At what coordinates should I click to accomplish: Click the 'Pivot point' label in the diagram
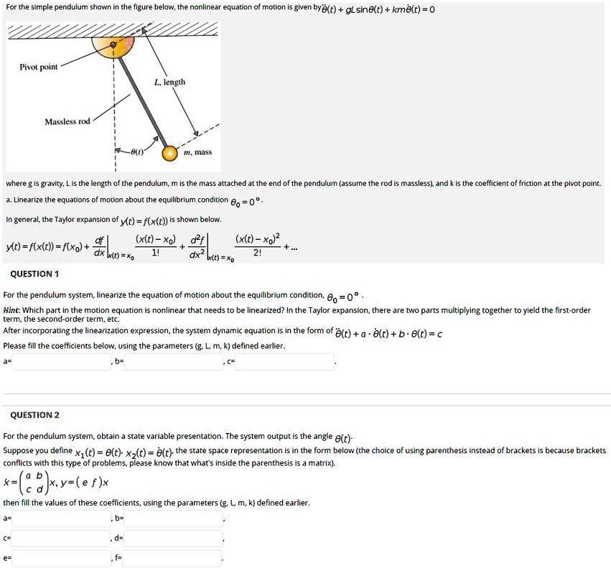coord(39,67)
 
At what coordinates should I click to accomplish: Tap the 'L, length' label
coord(169,82)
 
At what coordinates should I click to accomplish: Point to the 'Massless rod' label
coord(67,121)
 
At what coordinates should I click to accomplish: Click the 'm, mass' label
coord(198,152)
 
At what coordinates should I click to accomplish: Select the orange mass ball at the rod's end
coord(169,153)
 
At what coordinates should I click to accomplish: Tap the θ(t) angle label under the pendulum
coord(136,153)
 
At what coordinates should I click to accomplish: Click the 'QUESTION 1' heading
coord(34,274)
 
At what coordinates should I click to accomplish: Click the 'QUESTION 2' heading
coord(34,415)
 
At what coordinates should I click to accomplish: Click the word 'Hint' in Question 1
coord(11,310)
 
